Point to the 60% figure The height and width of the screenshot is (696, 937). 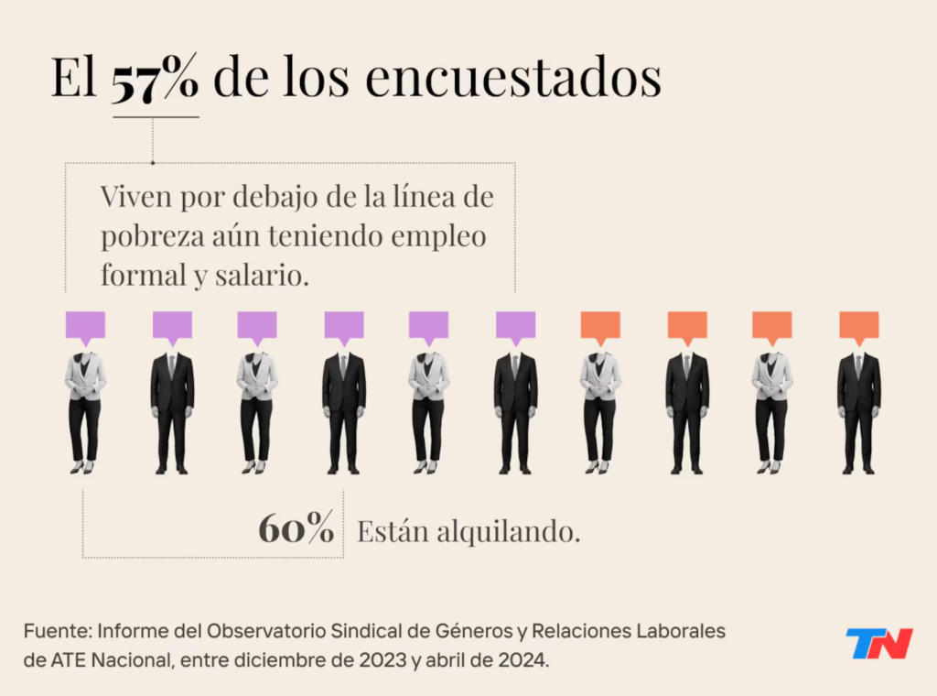point(296,530)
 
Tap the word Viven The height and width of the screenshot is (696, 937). point(135,197)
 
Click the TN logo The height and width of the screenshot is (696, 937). point(878,644)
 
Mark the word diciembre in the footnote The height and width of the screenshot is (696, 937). point(305,659)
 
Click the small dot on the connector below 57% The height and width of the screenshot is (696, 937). point(152,164)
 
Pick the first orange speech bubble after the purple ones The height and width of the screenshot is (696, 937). point(600,325)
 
